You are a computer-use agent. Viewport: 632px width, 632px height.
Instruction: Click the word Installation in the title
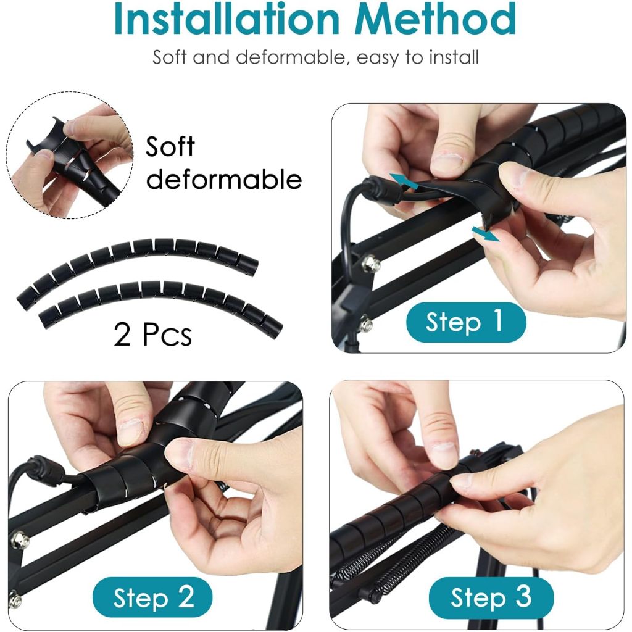(227, 19)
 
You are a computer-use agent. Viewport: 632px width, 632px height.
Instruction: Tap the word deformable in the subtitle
(291, 57)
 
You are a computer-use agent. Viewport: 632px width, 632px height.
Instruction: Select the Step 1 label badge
(465, 322)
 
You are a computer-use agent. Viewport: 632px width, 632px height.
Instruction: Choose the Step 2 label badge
(152, 597)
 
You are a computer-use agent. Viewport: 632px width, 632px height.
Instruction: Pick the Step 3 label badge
(491, 597)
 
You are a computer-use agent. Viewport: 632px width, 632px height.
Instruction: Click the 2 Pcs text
(153, 335)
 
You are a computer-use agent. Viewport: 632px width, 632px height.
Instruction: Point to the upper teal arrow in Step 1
(404, 181)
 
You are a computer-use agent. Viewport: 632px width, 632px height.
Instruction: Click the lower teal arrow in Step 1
(486, 234)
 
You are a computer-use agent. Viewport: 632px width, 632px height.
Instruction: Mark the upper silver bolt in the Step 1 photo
(370, 264)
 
